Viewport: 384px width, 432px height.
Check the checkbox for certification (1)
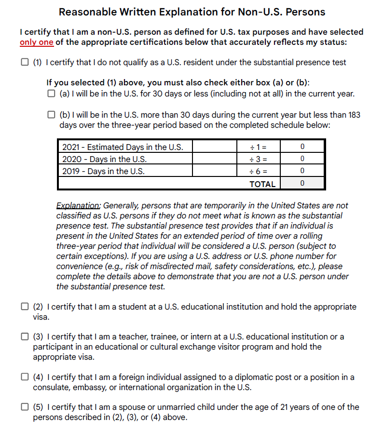pos(24,62)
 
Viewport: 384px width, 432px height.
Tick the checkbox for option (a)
pos(51,94)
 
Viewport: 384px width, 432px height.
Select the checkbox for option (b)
pos(51,115)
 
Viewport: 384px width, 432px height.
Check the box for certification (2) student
pos(24,307)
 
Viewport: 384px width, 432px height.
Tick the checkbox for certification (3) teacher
pos(24,337)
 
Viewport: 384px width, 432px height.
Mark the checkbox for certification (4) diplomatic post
pos(24,377)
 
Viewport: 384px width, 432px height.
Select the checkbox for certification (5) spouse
pos(24,407)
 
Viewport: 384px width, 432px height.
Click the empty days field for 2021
pos(215,147)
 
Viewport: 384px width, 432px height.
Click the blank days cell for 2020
pos(215,159)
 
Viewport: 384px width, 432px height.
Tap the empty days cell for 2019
pos(215,171)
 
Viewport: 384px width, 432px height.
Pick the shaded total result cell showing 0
pos(302,183)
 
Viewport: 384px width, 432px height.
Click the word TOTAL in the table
pos(262,184)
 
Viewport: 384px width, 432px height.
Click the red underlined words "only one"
pos(36,42)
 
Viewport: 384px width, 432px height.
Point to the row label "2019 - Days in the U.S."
pos(104,171)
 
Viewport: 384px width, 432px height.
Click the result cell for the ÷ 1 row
pos(302,147)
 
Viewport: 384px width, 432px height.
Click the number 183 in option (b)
pos(354,115)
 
